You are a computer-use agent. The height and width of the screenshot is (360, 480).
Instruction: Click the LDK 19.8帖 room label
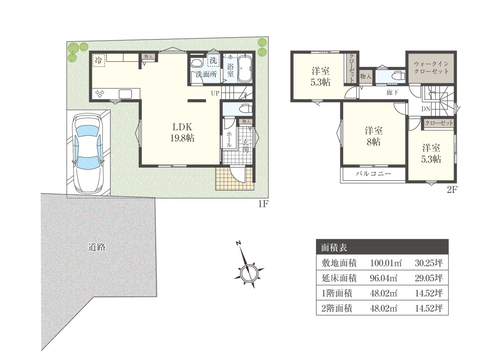tap(182, 132)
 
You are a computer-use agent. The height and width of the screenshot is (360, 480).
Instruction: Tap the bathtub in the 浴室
tap(245, 68)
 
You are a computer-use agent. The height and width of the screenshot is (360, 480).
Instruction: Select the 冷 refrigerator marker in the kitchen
tap(99, 60)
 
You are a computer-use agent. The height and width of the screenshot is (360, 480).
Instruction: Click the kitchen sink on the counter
tap(125, 94)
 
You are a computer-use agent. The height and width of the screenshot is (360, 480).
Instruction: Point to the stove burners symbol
tap(100, 94)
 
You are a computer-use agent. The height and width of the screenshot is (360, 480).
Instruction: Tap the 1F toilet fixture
tap(246, 109)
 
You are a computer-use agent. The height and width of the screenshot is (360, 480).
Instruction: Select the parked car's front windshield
tap(88, 131)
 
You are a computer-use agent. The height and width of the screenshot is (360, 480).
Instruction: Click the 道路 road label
tap(97, 247)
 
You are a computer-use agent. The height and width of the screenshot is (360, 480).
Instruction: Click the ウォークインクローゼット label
tap(431, 68)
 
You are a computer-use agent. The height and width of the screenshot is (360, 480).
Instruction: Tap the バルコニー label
tap(373, 174)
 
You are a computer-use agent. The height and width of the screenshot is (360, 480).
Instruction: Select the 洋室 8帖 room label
tap(374, 136)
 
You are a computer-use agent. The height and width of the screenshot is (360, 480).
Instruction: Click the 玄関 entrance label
tap(246, 146)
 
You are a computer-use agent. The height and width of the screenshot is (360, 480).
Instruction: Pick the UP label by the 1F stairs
tap(215, 93)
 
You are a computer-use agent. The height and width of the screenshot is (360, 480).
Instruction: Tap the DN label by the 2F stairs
tap(426, 109)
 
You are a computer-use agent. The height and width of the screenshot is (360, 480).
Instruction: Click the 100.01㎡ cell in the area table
tap(386, 263)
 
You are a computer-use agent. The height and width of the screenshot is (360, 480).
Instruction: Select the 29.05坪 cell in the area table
tap(429, 278)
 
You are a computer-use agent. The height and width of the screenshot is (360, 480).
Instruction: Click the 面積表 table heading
tap(334, 248)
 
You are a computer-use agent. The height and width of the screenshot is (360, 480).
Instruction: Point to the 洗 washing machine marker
tap(213, 60)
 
